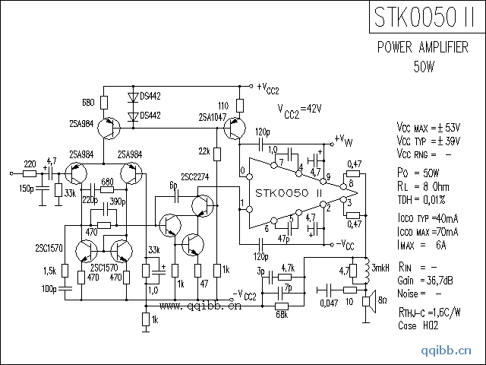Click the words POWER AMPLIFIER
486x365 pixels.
tap(422, 48)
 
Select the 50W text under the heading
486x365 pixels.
tap(424, 66)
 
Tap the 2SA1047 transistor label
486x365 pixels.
tap(213, 117)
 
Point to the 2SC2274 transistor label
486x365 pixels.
tap(195, 176)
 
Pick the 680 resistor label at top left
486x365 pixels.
tap(88, 100)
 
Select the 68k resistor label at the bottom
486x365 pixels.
tap(282, 314)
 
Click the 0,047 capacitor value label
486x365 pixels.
tap(328, 303)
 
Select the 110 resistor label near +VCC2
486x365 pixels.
tap(222, 105)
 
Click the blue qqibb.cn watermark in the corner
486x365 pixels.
tap(451, 351)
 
